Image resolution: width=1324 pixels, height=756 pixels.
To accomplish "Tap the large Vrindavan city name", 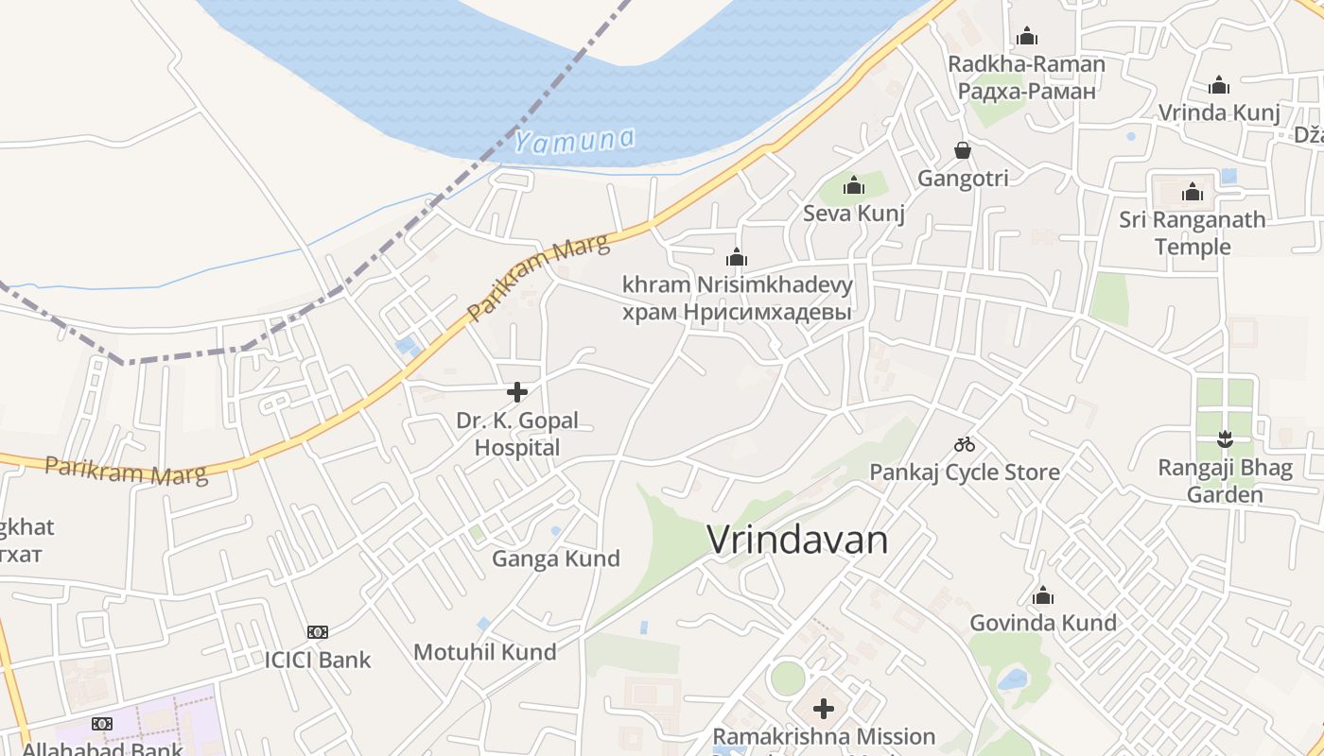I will click(797, 541).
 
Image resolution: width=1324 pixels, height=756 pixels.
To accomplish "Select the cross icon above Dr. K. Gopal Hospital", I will click(517, 391).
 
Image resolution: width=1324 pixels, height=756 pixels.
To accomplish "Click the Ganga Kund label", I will click(555, 558).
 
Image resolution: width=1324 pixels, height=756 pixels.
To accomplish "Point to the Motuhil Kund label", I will click(484, 651).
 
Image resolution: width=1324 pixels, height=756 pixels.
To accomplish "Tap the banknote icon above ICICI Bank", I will click(318, 631).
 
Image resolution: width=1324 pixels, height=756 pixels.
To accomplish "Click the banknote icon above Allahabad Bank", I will click(102, 723).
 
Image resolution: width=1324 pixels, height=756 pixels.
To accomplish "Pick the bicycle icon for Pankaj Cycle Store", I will click(964, 444).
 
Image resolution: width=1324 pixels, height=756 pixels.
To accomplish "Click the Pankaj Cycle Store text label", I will click(964, 472).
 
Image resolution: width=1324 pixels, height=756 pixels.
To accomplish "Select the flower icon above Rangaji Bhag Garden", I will click(1225, 438).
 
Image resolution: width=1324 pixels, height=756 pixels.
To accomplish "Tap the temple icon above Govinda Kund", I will click(1043, 595).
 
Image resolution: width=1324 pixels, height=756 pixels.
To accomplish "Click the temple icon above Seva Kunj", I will click(854, 185).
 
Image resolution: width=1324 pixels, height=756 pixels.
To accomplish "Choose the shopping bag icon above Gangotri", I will click(963, 150).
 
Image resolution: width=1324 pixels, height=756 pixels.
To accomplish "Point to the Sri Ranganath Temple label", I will click(1192, 232).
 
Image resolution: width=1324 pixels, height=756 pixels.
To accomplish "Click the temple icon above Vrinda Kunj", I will click(1219, 85).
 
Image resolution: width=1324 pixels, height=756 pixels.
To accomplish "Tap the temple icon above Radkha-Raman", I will click(1026, 37).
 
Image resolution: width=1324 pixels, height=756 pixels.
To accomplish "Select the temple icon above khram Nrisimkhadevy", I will click(737, 256).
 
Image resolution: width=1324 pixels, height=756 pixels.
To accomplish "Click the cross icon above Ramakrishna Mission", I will click(824, 708).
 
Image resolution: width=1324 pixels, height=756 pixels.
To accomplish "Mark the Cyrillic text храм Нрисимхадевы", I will click(737, 312).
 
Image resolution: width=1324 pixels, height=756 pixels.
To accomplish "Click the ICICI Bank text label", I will click(318, 660).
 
